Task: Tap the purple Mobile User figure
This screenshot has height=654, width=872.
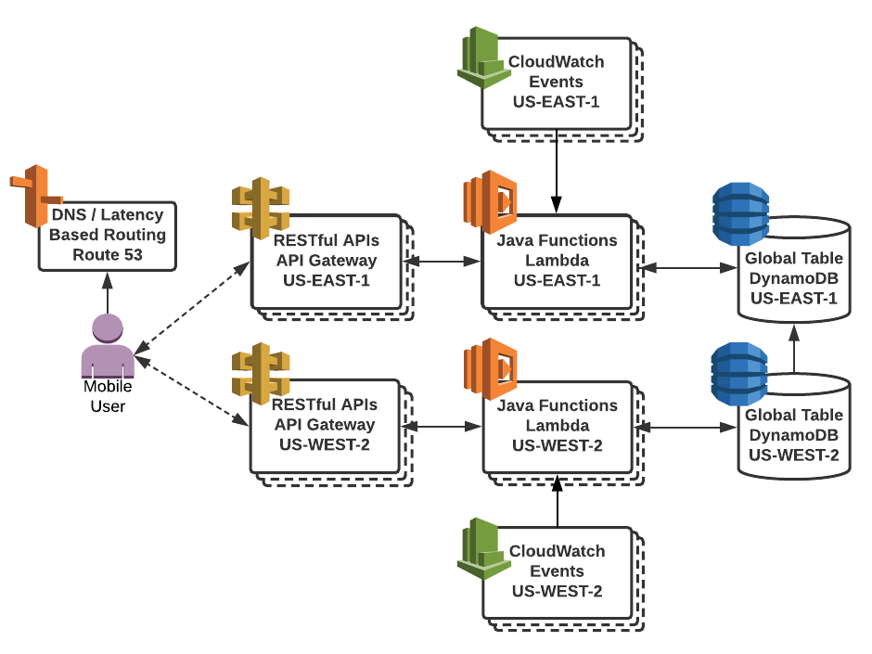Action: coord(108,345)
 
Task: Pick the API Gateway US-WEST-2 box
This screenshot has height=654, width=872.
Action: coord(327,426)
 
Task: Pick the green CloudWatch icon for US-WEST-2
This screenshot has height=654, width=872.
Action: coord(481,548)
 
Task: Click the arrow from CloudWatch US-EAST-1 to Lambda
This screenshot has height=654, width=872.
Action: coord(557,173)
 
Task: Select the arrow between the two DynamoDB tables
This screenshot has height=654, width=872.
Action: coord(794,348)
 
